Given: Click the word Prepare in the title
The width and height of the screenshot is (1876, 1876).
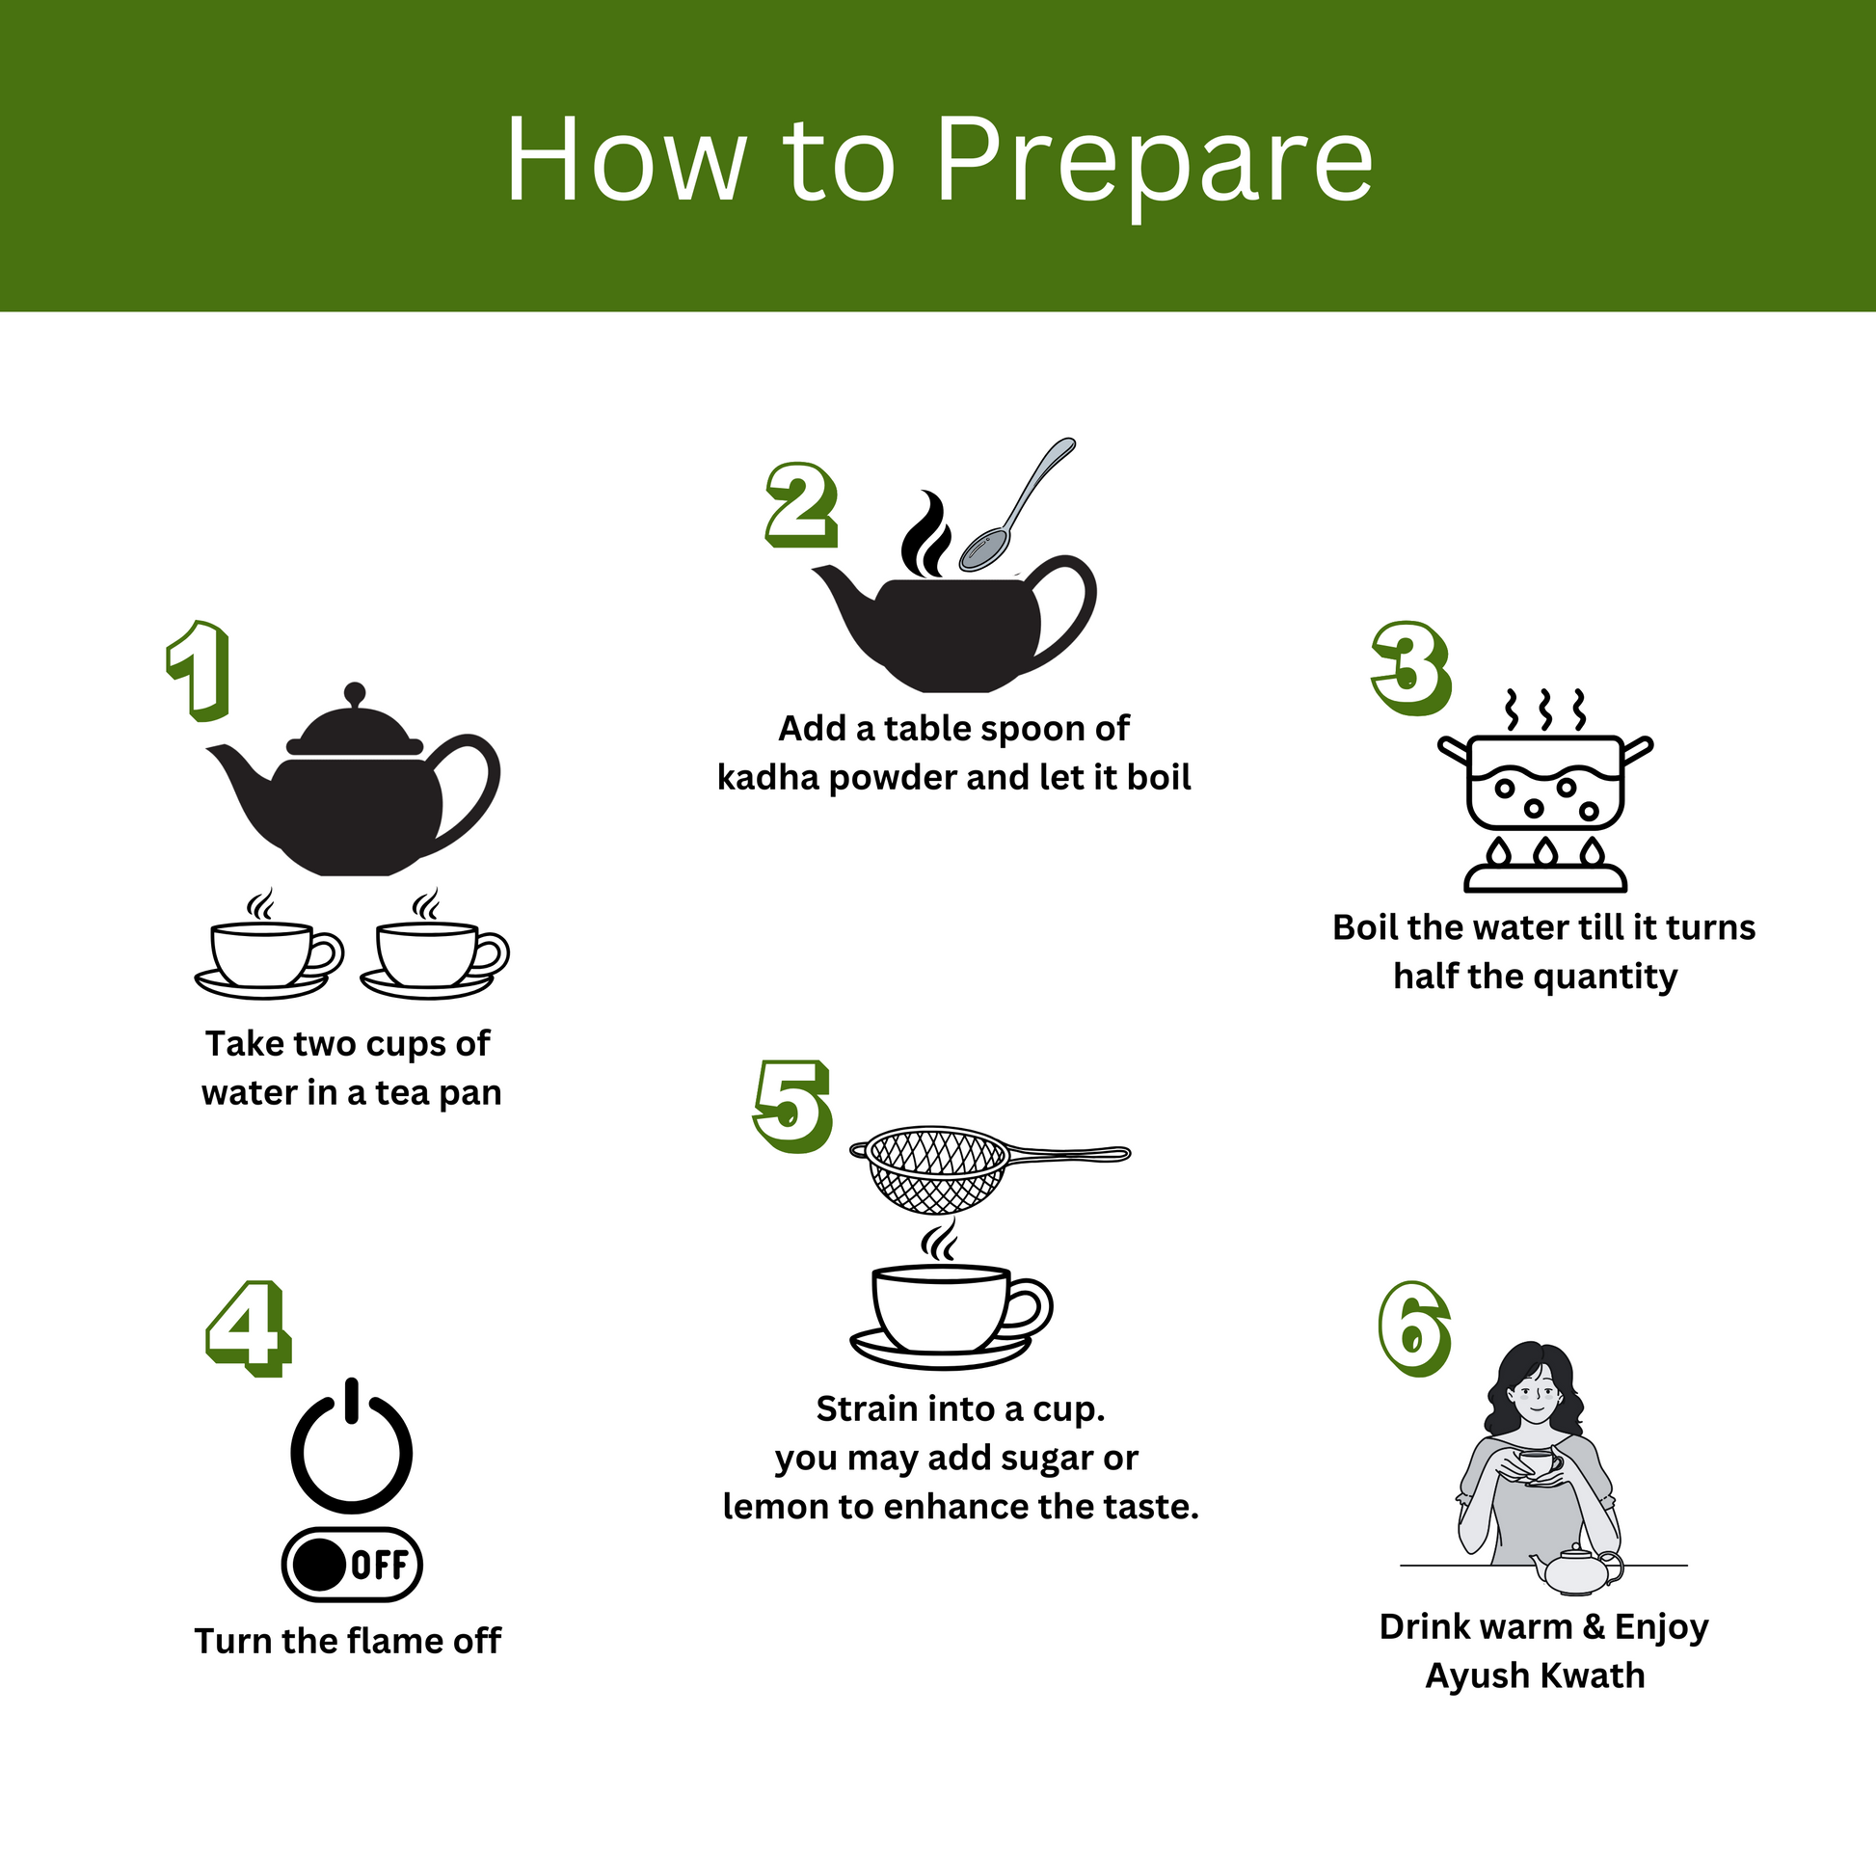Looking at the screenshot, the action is click(1154, 163).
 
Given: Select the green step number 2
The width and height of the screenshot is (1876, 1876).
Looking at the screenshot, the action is click(801, 504).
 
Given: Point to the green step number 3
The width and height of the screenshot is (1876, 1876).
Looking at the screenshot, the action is click(1411, 668).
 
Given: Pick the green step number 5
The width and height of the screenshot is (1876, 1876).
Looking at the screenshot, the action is click(793, 1106).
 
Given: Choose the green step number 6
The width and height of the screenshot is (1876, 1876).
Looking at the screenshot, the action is click(1415, 1328).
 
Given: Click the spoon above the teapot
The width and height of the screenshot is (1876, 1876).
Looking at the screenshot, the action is click(1016, 505).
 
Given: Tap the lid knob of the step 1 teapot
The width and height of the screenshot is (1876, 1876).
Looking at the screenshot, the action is click(355, 695).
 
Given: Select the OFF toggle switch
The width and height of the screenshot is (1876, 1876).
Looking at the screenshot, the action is click(352, 1566).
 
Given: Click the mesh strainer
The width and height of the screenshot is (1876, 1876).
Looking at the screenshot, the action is click(988, 1169).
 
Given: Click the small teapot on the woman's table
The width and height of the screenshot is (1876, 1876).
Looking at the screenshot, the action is click(1576, 1570).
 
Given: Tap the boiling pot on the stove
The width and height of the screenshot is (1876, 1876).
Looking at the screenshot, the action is click(1545, 781).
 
